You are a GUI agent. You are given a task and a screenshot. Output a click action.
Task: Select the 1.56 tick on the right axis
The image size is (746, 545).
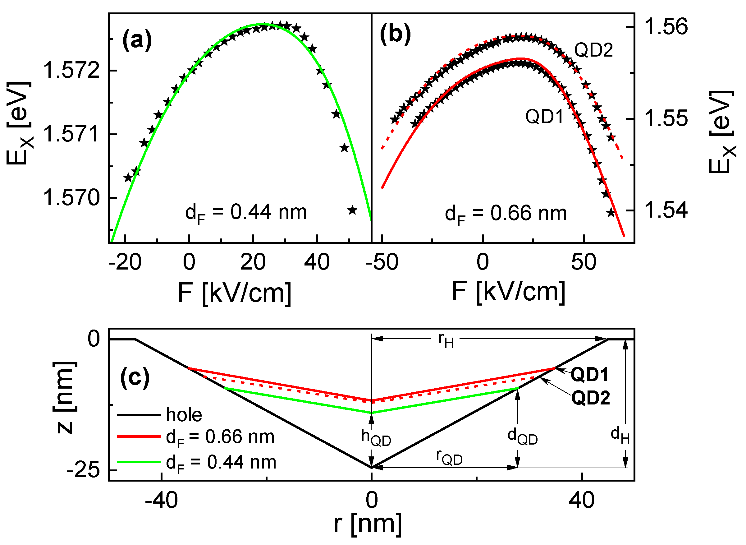[x=666, y=27]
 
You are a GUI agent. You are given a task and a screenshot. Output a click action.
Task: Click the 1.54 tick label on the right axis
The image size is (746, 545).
[x=666, y=210]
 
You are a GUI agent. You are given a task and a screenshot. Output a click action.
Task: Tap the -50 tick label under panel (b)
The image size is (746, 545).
[x=382, y=263]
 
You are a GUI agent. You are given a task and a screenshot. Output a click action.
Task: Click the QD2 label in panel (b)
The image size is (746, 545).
[x=593, y=50]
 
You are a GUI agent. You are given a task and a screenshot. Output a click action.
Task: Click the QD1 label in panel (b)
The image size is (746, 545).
[x=545, y=117]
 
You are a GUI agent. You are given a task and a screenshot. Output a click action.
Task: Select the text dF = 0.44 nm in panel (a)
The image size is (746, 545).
[x=246, y=213]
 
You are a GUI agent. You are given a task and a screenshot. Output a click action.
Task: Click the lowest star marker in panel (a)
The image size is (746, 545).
[x=352, y=210]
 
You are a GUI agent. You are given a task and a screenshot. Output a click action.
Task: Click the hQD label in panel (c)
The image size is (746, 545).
[x=376, y=438]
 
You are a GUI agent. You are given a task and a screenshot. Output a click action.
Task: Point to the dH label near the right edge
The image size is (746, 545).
[x=620, y=436]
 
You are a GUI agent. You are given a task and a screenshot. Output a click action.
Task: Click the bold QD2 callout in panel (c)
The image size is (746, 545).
[x=590, y=398]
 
